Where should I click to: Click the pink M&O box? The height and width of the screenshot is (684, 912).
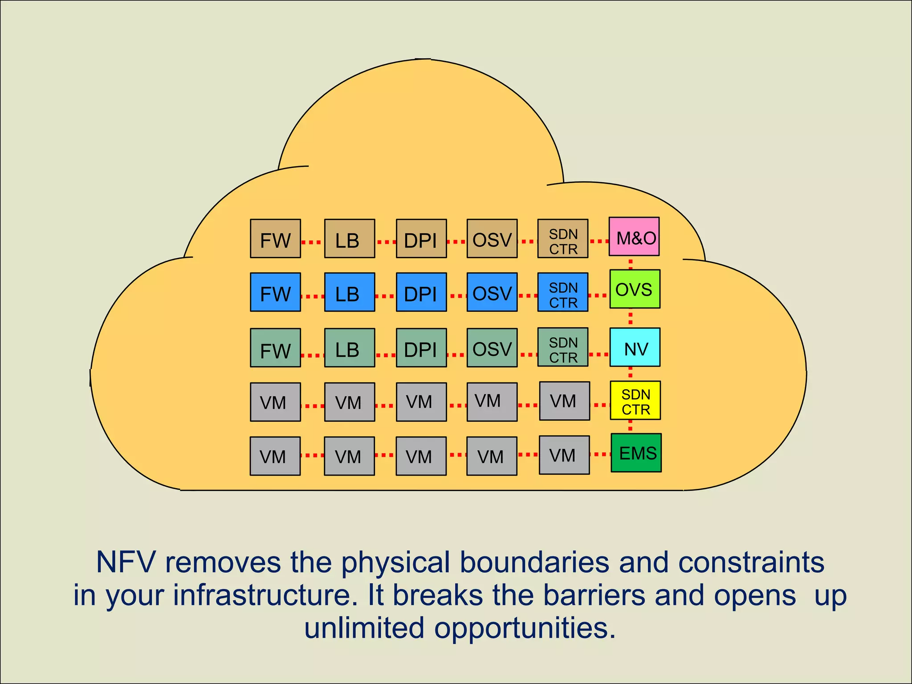coord(634,236)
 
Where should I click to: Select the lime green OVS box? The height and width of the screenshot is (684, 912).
coord(635,289)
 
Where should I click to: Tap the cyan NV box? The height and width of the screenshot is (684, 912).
coord(635,347)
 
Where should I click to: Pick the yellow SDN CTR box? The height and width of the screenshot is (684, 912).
coord(635,400)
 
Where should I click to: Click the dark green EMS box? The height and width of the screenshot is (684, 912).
coord(636,453)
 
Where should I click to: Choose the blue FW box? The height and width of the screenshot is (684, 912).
coord(275,292)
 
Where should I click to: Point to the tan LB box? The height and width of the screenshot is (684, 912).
coord(350,239)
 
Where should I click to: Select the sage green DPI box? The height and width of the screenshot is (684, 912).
coord(421,348)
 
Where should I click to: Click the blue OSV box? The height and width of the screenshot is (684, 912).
coord(492,292)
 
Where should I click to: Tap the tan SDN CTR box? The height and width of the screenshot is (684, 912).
coord(563,239)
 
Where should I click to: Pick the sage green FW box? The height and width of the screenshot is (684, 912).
coord(275,348)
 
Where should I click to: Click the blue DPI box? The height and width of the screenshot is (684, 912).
coord(421,292)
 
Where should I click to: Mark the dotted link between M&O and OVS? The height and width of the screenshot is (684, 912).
coord(631,263)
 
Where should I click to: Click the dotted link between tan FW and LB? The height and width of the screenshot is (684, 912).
coord(312,242)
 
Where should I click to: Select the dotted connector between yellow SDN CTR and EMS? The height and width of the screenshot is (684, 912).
coord(630,427)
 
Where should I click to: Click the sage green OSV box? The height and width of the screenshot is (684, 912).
coord(492,348)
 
